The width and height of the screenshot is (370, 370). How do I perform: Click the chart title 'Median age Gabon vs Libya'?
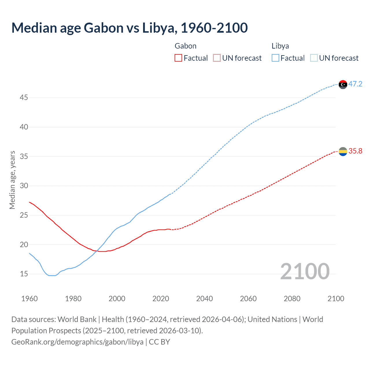point(129,28)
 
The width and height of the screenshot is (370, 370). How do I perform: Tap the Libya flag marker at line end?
point(343,84)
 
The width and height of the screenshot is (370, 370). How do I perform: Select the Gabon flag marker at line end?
point(343,151)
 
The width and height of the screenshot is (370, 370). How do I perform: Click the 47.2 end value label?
point(355,84)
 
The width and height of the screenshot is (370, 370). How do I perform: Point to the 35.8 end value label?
point(355,151)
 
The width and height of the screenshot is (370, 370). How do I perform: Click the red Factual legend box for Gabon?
point(178,58)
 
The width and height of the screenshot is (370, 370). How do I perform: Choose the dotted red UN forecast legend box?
point(217,58)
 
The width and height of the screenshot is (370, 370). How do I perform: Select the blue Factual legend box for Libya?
point(275,58)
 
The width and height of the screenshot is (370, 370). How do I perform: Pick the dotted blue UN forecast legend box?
point(314,58)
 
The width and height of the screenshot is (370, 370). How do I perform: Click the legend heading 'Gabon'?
point(186,46)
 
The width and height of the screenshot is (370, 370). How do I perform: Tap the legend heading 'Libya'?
point(280,46)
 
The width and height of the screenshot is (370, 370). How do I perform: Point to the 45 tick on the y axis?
point(24,98)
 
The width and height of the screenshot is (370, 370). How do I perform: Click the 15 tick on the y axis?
point(24,274)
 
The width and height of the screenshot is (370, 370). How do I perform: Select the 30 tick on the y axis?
point(24,186)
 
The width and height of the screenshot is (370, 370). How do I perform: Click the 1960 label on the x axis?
point(29,299)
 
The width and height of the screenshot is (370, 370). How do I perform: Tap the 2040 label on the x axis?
point(204,299)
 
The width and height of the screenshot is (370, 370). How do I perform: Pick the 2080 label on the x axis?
point(292,299)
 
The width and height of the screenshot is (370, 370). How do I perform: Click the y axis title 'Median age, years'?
point(12,180)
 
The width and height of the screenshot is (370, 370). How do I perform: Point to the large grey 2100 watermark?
point(305,271)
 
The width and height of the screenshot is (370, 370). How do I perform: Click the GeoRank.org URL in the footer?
point(77,342)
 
